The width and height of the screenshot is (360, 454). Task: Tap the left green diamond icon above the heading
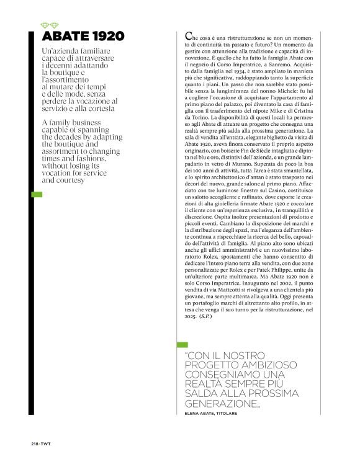(44, 25)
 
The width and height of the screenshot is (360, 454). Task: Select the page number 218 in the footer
(35, 443)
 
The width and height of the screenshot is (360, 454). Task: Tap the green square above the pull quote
(182, 344)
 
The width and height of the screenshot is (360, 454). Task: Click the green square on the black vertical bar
(37, 195)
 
